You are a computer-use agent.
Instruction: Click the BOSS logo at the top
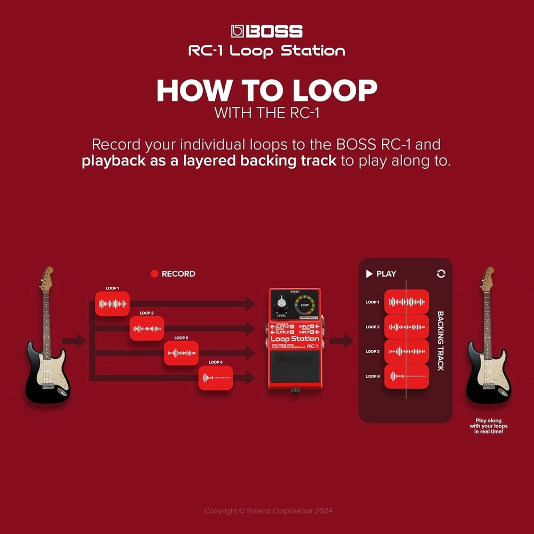[x=267, y=32]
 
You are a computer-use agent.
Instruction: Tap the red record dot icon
[x=155, y=274]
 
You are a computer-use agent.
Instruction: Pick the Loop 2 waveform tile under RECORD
[x=147, y=328]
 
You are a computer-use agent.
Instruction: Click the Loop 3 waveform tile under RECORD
[x=181, y=353]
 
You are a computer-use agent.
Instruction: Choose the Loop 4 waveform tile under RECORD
[x=216, y=378]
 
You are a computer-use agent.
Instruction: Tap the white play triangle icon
[x=369, y=274]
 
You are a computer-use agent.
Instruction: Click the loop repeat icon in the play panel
[x=441, y=273]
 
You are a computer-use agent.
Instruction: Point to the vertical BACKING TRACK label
[x=441, y=341]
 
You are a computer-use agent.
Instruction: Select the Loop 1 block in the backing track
[x=406, y=302]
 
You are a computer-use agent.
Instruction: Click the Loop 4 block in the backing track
[x=406, y=376]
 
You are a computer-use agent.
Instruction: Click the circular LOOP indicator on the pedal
[x=305, y=305]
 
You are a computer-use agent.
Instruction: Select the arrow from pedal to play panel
[x=341, y=341]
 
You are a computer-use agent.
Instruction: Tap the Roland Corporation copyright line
[x=268, y=511]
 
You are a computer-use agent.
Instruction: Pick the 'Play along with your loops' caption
[x=488, y=426]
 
